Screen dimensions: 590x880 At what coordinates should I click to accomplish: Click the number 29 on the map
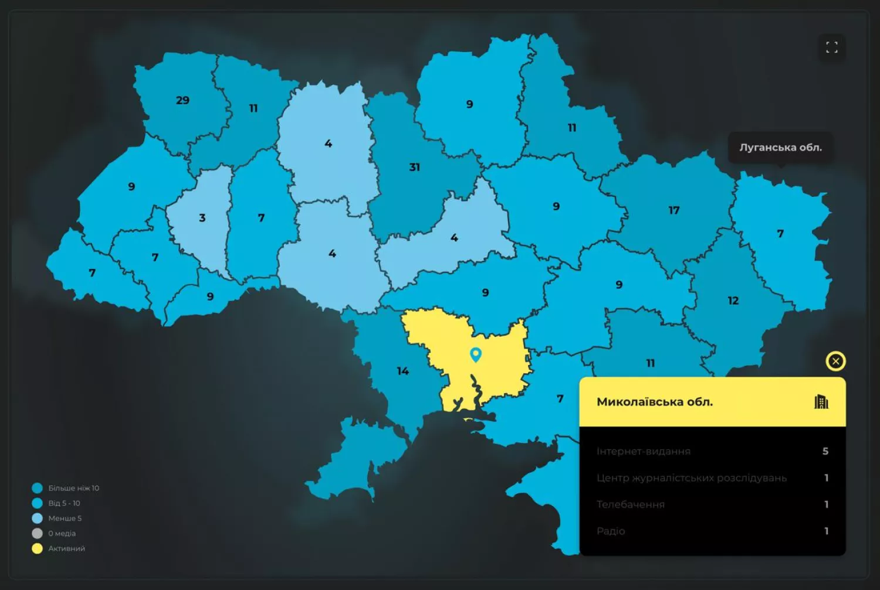[182, 100]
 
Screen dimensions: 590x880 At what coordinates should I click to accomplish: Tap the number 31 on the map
[414, 167]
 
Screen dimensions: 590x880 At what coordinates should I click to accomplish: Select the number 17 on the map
[673, 210]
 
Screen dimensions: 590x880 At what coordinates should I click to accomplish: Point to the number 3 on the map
[202, 218]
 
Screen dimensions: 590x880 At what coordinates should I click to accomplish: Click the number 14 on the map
[402, 371]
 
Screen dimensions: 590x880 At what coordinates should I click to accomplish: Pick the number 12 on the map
[733, 301]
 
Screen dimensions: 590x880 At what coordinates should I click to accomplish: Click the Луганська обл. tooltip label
[780, 148]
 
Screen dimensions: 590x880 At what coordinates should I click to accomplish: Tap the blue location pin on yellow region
[476, 354]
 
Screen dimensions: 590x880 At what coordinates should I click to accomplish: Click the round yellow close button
[835, 361]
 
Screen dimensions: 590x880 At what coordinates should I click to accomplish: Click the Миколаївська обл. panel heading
[655, 402]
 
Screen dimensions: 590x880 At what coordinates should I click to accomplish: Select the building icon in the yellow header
[821, 402]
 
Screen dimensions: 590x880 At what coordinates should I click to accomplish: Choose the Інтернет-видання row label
[644, 451]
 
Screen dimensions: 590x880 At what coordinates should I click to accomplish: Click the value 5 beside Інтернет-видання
[825, 451]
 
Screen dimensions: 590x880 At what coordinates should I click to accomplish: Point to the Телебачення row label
[631, 504]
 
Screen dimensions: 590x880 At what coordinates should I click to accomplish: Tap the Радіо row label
[611, 531]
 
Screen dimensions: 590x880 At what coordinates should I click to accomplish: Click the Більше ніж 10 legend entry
[73, 488]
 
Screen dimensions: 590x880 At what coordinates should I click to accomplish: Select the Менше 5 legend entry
[65, 519]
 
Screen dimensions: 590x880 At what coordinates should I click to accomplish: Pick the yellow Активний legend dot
[37, 548]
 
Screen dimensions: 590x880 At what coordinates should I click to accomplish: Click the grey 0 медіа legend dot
[37, 533]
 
